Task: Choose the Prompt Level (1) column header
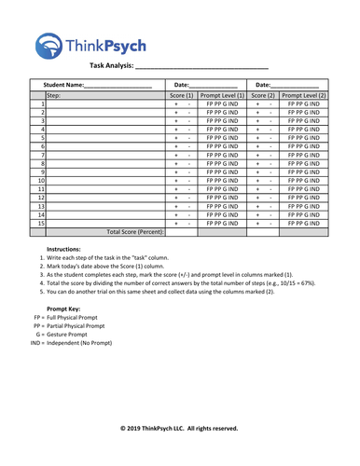222,95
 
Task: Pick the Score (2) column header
263,95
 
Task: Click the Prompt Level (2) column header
303,95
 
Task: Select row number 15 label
41,223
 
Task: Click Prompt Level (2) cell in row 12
303,198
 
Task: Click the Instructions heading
63,250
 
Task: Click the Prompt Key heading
62,308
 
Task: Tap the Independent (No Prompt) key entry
65,343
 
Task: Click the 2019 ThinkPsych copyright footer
179,428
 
